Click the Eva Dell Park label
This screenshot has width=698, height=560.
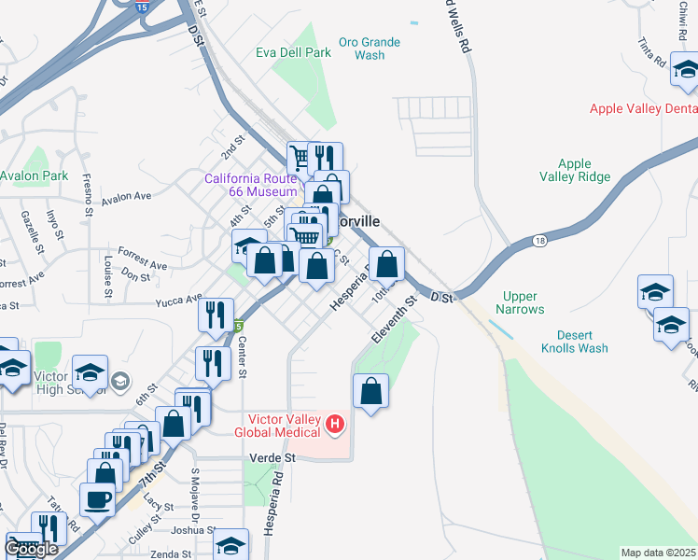[x=293, y=53]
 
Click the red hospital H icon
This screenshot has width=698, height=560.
[x=335, y=427]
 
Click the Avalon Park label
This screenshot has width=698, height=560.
[x=34, y=175]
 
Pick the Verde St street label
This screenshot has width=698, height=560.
[x=272, y=458]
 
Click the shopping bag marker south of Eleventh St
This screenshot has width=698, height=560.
[x=371, y=390]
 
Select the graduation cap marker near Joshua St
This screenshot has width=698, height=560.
[x=231, y=545]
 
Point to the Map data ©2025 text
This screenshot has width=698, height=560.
[x=658, y=553]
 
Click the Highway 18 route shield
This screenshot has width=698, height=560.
[x=540, y=241]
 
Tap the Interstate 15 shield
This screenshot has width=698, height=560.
[x=141, y=7]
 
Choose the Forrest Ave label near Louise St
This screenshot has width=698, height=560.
[x=142, y=265]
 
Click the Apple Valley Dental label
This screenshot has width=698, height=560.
[x=643, y=109]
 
